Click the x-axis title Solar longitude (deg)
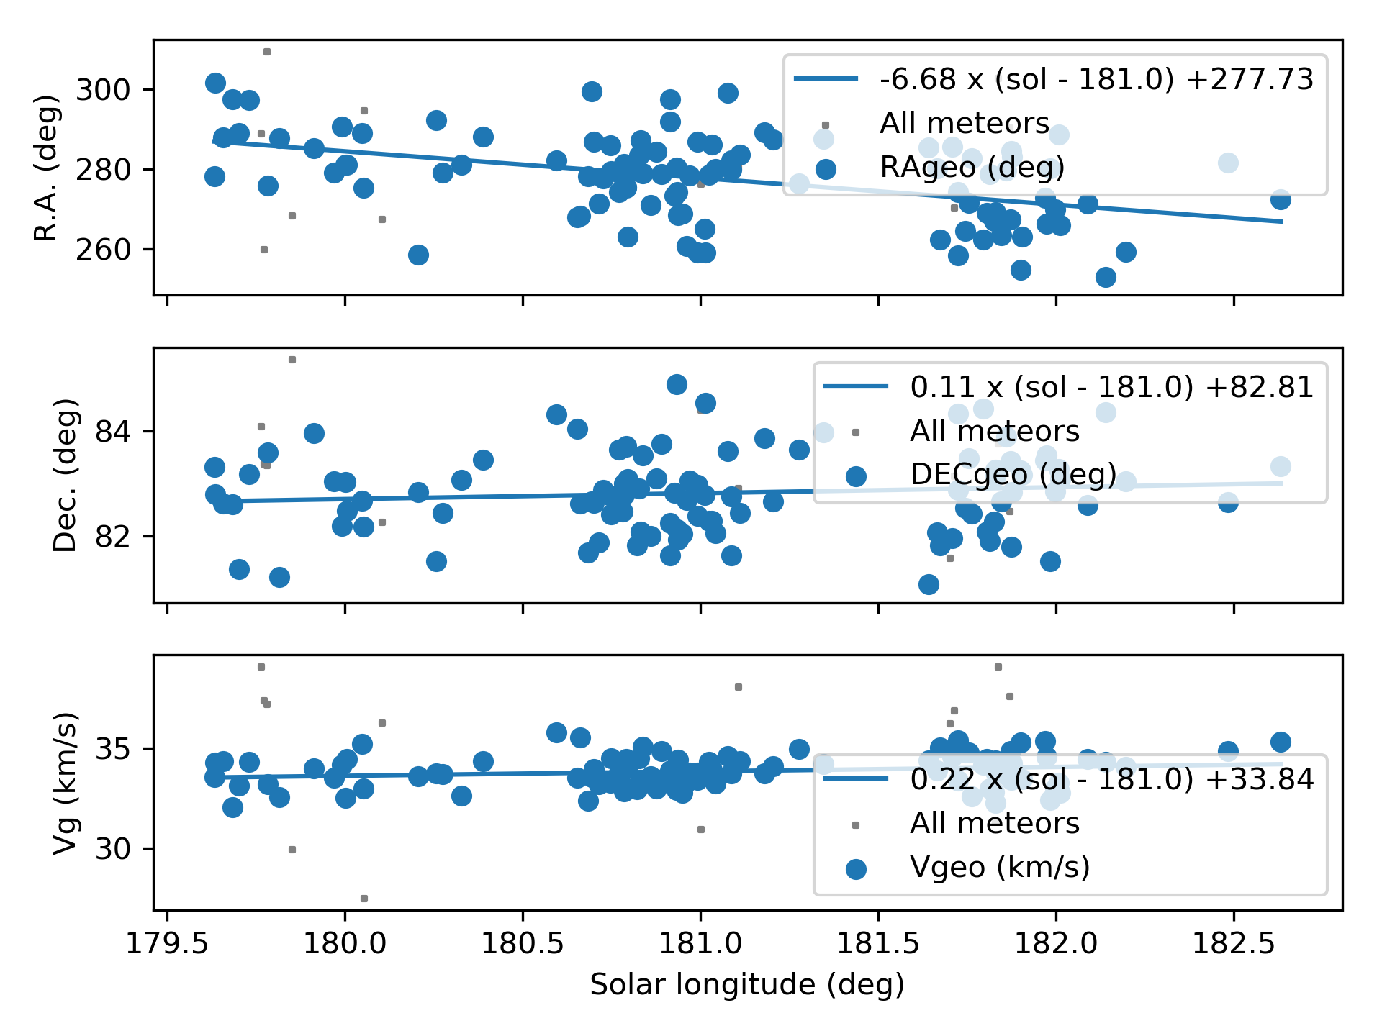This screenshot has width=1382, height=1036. click(x=747, y=984)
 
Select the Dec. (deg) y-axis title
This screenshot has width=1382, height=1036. click(x=66, y=475)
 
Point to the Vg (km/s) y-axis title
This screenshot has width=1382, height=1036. click(x=66, y=783)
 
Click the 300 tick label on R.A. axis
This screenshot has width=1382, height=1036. click(x=103, y=90)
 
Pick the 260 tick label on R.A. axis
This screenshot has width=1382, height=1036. click(x=103, y=250)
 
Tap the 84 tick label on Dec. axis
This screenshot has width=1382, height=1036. click(x=113, y=432)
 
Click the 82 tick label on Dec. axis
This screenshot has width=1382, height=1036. click(x=113, y=537)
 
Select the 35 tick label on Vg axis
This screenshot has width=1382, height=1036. click(x=113, y=749)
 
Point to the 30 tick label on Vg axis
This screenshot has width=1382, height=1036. click(x=113, y=849)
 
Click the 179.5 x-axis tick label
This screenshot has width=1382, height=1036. click(x=168, y=943)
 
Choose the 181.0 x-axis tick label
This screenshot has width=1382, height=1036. click(x=700, y=943)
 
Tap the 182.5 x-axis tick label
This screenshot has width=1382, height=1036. click(x=1234, y=943)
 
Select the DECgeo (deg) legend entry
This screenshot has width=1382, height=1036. click(x=1013, y=474)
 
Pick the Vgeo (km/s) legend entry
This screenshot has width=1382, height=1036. click(x=999, y=867)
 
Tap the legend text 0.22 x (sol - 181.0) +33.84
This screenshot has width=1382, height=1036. click(x=1111, y=779)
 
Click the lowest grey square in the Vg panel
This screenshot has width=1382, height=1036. click(x=364, y=899)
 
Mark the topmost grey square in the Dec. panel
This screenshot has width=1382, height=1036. click(x=292, y=360)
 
